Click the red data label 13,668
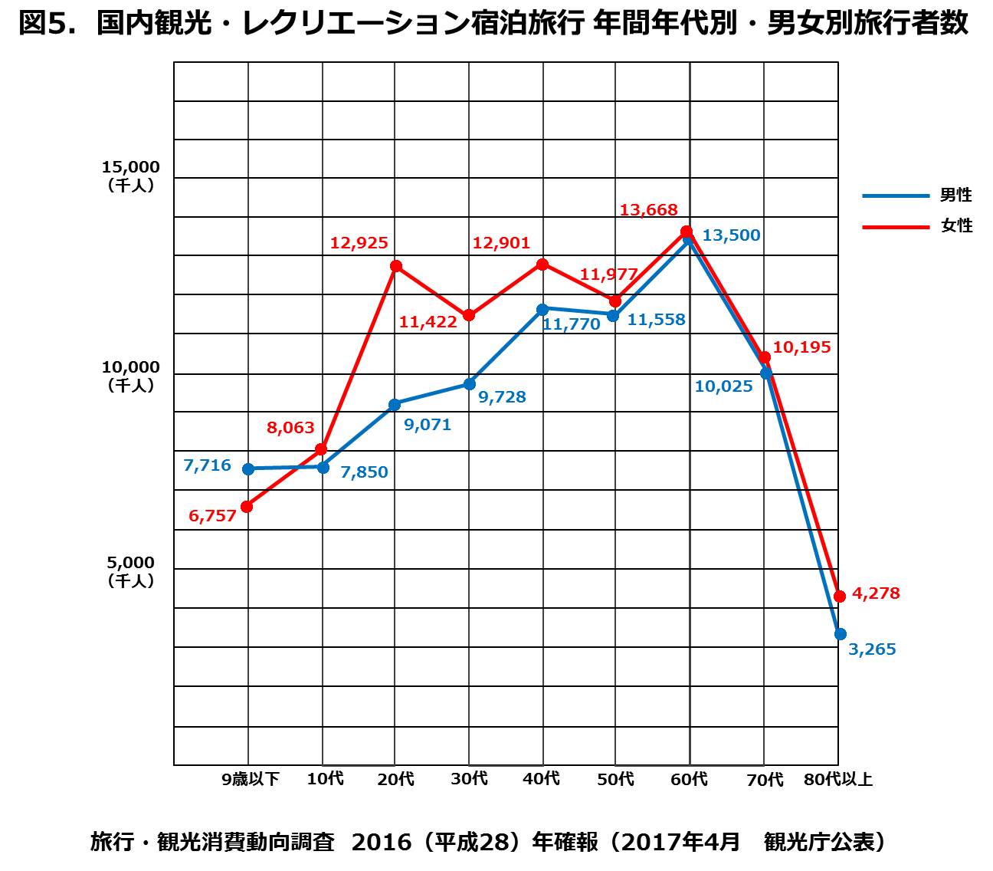point(649,209)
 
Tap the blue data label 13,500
point(731,235)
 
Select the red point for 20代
point(395,266)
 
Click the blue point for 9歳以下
point(247,469)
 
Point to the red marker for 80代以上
point(840,596)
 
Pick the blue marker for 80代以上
point(840,633)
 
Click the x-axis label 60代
point(690,780)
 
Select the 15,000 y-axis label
point(131,168)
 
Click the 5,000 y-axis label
point(131,564)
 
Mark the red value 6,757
point(212,516)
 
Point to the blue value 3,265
point(873,650)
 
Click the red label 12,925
point(359,243)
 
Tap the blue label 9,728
point(502,397)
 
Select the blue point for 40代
point(542,309)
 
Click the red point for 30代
point(469,315)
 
